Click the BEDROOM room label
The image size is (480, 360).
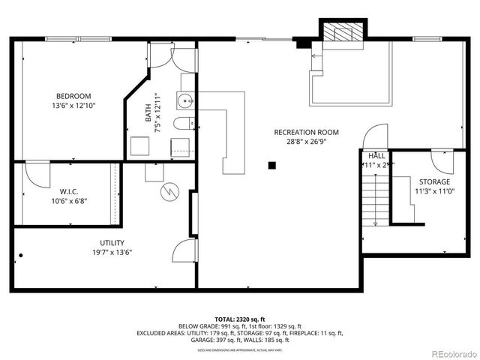(73, 95)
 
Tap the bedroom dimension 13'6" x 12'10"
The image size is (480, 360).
(73, 106)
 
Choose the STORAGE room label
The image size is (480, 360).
(434, 181)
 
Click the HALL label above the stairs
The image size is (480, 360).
(376, 155)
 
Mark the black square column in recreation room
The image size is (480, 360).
(273, 165)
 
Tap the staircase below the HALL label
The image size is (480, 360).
(374, 197)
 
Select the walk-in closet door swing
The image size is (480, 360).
(34, 173)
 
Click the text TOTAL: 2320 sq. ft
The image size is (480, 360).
(240, 319)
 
